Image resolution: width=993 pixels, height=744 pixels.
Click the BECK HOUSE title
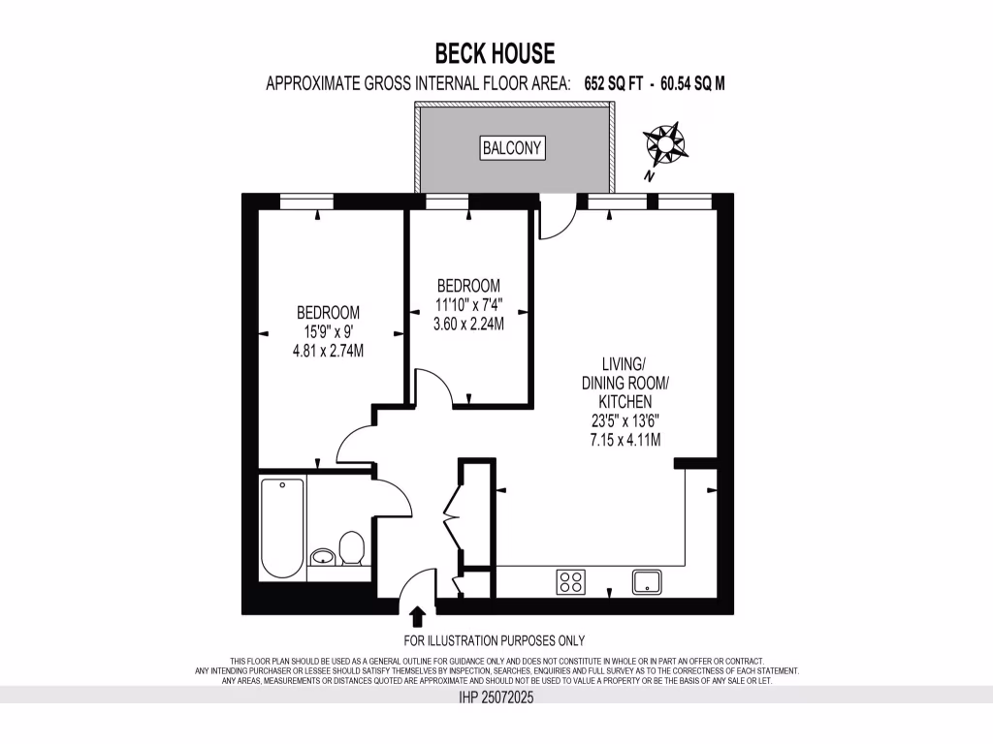pyautogui.click(x=495, y=51)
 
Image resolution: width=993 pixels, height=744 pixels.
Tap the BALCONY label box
pyautogui.click(x=513, y=148)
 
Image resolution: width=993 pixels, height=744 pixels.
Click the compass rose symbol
pyautogui.click(x=666, y=143)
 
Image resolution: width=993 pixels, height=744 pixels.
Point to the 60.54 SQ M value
pyautogui.click(x=692, y=84)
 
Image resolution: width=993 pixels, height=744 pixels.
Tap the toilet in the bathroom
pyautogui.click(x=351, y=549)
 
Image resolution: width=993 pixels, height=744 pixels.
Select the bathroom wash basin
pyautogui.click(x=323, y=556)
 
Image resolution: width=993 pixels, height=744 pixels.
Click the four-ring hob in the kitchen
pyautogui.click(x=570, y=581)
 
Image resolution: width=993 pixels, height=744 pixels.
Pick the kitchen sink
pyautogui.click(x=647, y=581)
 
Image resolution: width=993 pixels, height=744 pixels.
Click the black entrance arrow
pyautogui.click(x=418, y=616)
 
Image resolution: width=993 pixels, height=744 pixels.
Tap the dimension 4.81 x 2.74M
pyautogui.click(x=328, y=350)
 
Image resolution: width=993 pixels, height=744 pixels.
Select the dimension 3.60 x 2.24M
pyautogui.click(x=468, y=324)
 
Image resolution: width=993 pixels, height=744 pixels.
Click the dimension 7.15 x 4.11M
pyautogui.click(x=625, y=439)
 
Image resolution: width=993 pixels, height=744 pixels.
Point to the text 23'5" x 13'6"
pyautogui.click(x=625, y=420)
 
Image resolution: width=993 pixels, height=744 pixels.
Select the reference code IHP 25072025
pyautogui.click(x=496, y=696)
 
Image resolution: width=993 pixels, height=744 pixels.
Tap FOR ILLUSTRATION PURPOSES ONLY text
pyautogui.click(x=495, y=640)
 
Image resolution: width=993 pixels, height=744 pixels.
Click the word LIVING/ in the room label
pyautogui.click(x=624, y=364)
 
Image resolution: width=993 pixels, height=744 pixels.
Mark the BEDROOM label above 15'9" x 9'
pyautogui.click(x=328, y=312)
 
